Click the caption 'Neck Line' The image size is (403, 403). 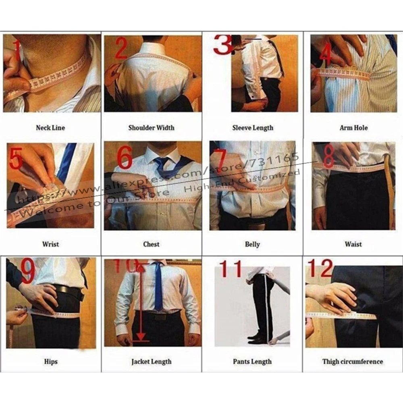50,128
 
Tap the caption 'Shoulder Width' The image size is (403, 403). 152,128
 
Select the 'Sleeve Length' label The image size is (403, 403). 253,128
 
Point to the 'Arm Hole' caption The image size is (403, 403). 353,128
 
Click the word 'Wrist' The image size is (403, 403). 50,244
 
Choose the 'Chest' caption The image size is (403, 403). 152,244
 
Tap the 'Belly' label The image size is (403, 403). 253,244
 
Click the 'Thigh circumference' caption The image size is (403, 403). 353,361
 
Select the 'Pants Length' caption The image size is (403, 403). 252,361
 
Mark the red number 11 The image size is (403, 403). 231,269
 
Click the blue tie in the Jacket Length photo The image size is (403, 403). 158,286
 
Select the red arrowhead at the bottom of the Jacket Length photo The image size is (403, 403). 141,337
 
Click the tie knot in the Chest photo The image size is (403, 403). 161,162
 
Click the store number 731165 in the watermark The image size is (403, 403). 278,158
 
